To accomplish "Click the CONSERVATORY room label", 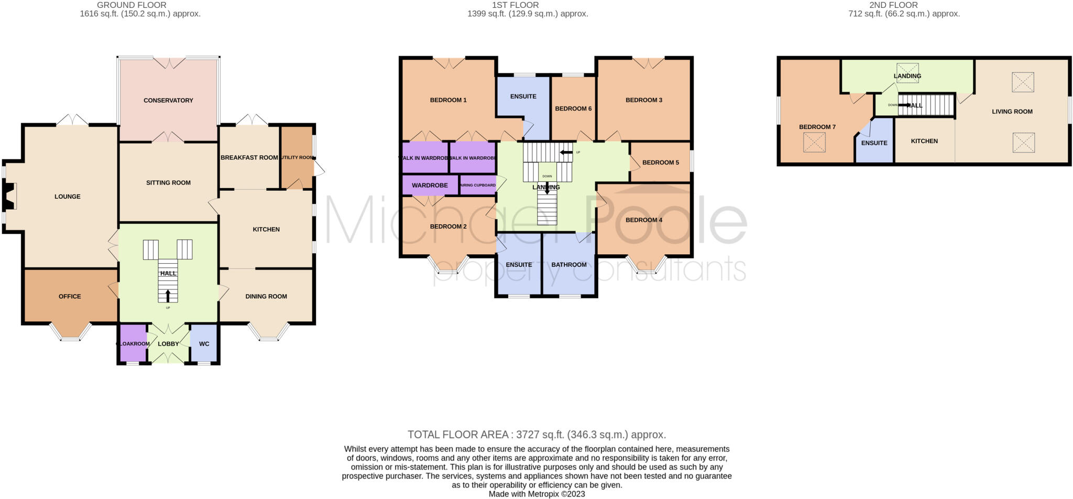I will coord(168,100).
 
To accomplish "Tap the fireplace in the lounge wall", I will coord(10,196).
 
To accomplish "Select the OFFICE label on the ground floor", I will coord(70,296).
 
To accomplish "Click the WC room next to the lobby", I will coord(204,344).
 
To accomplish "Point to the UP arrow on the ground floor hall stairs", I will coord(168,297).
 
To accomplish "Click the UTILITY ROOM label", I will coord(297,157).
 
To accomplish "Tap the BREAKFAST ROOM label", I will coord(249,157).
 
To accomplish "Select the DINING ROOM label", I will coord(266,296).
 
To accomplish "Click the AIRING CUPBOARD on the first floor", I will coord(477,185).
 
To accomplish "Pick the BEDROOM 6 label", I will coord(573,109).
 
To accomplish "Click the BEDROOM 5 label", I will coord(660,162).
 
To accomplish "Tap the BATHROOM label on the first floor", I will coord(568,265).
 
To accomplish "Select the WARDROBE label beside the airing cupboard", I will coord(430,185).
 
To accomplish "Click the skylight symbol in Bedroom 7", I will coord(814,143).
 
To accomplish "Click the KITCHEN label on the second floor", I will coord(924,141).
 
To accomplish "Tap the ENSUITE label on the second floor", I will coord(874,143).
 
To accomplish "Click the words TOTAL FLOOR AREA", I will coord(458,435).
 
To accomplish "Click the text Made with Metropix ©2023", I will coord(536,494).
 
